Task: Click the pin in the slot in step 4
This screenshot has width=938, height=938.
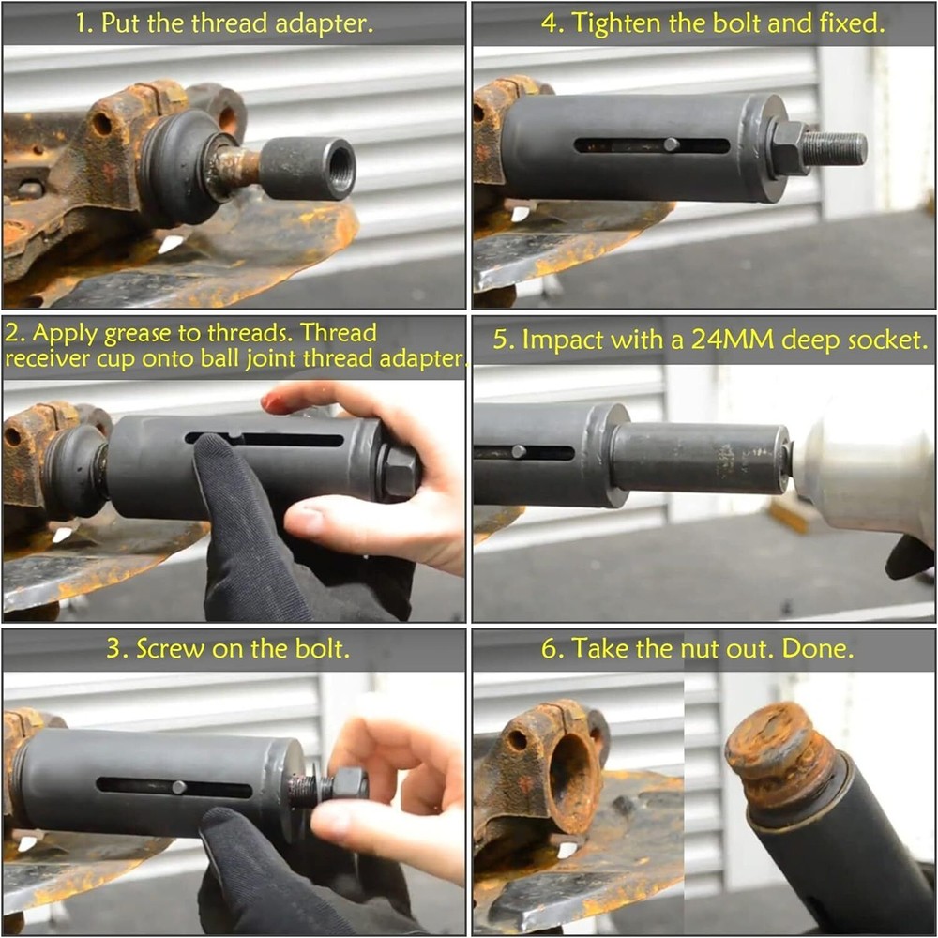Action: [671, 144]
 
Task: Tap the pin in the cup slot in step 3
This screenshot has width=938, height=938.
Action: [177, 787]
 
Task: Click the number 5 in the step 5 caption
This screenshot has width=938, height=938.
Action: [501, 340]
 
